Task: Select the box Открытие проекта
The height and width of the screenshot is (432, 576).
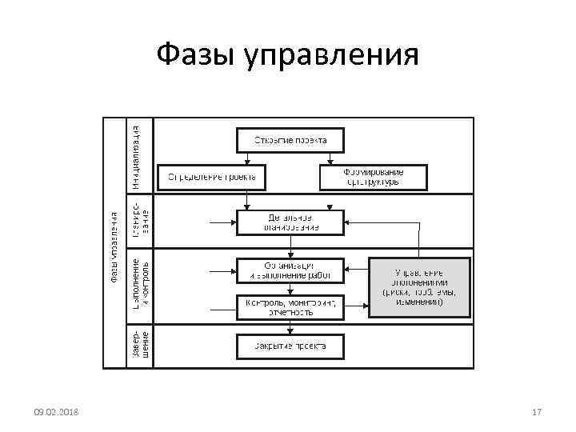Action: coord(290,140)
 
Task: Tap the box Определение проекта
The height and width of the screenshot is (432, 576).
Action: coord(211,177)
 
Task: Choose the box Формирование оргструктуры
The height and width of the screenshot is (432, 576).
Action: coord(374,177)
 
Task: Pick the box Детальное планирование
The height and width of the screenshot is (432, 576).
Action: coord(290,222)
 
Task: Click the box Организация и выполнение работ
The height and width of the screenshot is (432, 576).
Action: coord(290,270)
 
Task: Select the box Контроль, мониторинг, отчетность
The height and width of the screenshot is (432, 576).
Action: coord(290,307)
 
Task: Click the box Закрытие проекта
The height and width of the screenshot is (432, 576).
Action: coord(290,346)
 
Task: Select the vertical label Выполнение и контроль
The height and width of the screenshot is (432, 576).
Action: coord(140,285)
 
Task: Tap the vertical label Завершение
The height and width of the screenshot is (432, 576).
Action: coord(140,343)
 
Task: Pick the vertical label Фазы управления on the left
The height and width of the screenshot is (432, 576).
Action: coord(115,245)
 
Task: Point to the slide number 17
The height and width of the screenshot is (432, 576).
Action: coord(537,412)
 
